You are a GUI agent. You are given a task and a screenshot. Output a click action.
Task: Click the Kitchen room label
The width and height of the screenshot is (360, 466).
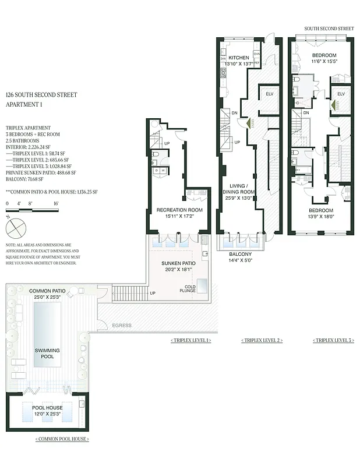238,58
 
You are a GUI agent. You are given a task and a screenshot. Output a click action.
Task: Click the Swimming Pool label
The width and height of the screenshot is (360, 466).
47,353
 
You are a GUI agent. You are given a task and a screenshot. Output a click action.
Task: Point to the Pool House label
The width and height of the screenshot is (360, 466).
47,408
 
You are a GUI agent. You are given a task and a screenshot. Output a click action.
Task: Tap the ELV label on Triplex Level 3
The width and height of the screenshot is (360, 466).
341,94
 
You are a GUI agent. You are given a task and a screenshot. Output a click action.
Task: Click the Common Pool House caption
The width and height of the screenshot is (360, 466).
62,438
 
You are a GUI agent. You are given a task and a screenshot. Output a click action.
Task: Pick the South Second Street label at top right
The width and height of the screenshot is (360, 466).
329,28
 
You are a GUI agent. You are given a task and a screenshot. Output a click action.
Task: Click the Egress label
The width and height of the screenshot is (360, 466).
122,325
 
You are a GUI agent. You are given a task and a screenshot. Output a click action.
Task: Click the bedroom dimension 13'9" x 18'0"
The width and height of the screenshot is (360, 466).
320,217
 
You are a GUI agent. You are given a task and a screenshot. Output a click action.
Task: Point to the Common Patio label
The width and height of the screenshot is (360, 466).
48,290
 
